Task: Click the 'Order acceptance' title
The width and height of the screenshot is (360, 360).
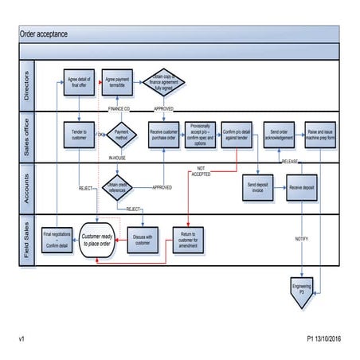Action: tap(44, 33)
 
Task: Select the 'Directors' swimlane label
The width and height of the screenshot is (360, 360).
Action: tap(26, 85)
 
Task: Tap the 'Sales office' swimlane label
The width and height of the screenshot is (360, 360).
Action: tap(26, 137)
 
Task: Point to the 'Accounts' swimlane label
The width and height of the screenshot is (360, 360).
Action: tap(26, 188)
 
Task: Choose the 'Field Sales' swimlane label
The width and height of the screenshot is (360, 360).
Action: tap(26, 238)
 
